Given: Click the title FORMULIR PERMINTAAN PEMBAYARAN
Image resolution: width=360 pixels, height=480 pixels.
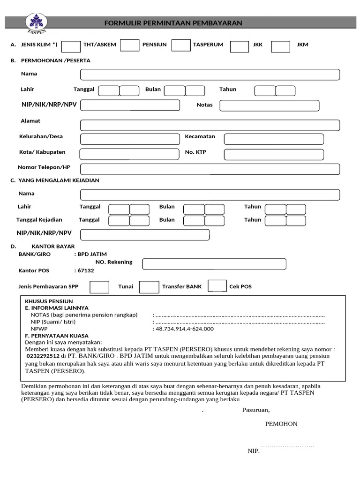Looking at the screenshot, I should [173, 23].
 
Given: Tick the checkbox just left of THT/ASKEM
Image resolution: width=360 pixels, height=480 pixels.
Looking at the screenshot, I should [71, 46].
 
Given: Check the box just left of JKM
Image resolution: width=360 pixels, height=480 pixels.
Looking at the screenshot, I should [281, 46].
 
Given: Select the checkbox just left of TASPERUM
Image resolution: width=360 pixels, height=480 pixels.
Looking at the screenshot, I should [181, 45].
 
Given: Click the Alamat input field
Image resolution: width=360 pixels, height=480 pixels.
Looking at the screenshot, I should [210, 125].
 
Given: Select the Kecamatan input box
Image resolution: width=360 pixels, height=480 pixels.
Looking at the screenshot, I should [274, 139].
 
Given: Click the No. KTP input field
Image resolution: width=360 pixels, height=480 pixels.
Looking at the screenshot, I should [274, 154].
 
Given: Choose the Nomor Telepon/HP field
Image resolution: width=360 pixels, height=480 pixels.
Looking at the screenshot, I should [210, 169].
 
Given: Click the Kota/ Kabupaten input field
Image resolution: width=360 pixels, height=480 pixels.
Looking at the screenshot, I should [129, 154].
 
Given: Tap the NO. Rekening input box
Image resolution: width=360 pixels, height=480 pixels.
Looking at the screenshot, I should [214, 264].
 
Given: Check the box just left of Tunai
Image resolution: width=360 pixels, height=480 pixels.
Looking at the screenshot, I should [99, 287].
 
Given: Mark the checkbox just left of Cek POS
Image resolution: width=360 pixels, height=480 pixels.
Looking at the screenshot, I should [217, 286].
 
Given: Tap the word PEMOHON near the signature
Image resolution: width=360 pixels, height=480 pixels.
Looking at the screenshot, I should [281, 424].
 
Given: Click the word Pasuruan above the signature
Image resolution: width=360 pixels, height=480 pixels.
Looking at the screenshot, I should [255, 410].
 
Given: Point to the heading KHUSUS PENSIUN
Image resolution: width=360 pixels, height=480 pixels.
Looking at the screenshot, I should [49, 301].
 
